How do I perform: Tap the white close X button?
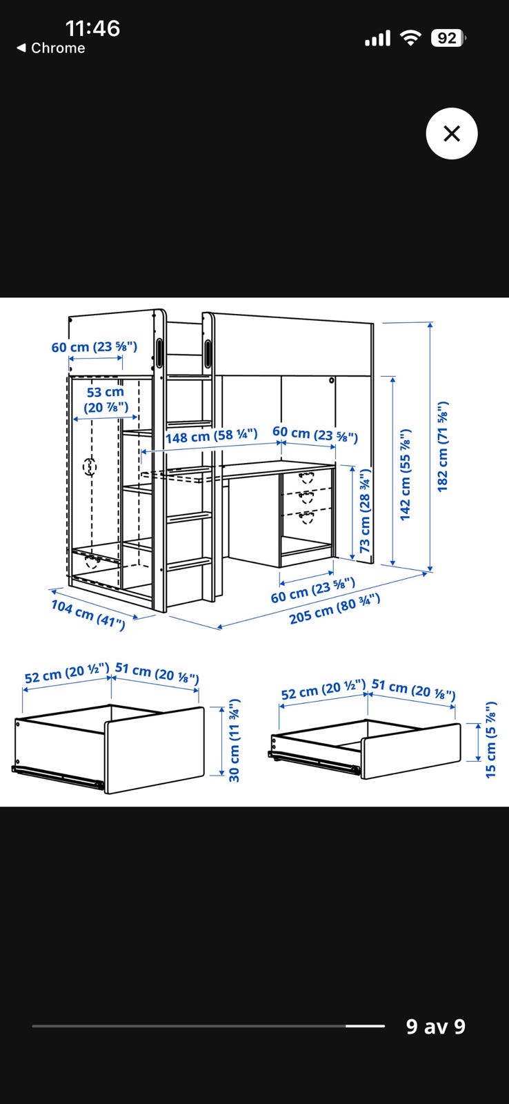(451, 134)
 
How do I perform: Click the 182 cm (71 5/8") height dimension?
(443, 446)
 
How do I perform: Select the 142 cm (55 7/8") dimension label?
(406, 475)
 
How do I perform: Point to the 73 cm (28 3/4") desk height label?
(365, 510)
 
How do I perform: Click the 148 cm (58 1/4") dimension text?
(211, 435)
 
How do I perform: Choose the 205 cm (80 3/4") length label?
(335, 609)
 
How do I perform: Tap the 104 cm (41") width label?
(89, 614)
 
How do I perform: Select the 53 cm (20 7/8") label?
(106, 400)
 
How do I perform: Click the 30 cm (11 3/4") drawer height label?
(234, 740)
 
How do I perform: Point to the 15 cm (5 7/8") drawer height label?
(491, 740)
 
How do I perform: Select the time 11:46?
(92, 28)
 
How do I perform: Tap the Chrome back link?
(51, 48)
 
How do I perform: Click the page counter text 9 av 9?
(436, 1026)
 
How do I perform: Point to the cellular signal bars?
(377, 38)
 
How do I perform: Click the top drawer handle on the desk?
(306, 477)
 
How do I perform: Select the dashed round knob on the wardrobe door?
(90, 466)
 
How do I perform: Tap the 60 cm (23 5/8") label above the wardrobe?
(94, 346)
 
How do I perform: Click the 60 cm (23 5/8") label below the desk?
(313, 590)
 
